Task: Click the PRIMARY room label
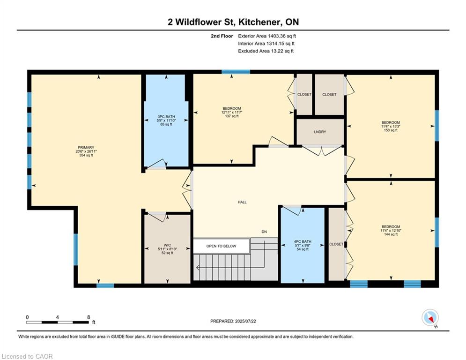pos(86,148)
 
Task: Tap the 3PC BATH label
pos(166,117)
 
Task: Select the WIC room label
pos(167,245)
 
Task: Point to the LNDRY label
pos(320,132)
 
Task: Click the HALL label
pos(242,202)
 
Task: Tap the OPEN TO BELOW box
pos(221,246)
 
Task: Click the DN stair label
pos(264,232)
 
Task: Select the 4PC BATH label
pos(303,241)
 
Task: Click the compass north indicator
pos(430,318)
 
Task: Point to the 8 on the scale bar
pos(89,317)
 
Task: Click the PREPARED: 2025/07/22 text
pos(233,321)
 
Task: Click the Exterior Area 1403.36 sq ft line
pos(267,36)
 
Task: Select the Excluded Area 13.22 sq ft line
pos(266,51)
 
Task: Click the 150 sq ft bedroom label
pos(391,130)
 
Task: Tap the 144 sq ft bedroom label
pos(391,234)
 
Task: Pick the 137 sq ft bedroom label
pos(232,116)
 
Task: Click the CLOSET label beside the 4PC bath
pos(336,244)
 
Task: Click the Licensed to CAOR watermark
pos(27,356)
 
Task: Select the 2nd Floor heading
pos(222,36)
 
